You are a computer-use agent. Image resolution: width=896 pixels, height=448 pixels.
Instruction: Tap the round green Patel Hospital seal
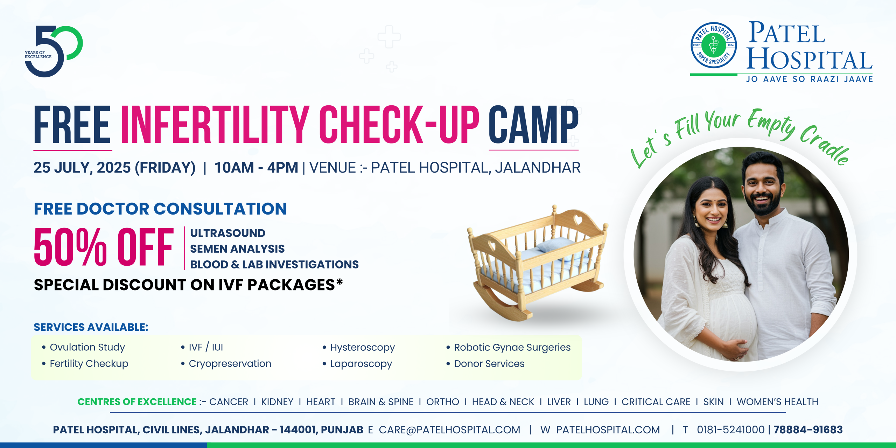[713, 45]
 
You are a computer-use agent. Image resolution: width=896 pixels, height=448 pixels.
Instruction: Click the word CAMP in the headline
[533, 125]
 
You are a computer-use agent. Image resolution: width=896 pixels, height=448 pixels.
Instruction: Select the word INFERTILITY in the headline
[215, 125]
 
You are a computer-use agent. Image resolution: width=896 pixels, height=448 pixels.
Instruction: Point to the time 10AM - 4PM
[256, 168]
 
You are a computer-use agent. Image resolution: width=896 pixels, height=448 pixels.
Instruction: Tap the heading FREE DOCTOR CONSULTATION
[160, 209]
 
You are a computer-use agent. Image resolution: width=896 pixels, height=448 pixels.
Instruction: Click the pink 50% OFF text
[104, 247]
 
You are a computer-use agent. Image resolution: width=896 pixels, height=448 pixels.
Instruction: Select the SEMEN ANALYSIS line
[237, 249]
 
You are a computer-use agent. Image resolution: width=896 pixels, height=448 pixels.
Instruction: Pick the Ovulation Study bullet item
[84, 347]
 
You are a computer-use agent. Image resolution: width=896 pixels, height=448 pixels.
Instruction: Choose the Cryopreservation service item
[226, 364]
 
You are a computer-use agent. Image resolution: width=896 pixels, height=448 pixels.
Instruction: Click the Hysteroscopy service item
[359, 348]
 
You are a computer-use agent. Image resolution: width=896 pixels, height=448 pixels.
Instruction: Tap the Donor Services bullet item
[485, 364]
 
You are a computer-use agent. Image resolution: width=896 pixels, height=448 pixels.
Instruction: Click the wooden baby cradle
[537, 262]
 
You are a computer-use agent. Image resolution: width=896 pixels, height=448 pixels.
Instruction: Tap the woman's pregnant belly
[730, 320]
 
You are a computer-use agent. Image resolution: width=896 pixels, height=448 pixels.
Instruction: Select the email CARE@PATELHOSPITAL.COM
[449, 430]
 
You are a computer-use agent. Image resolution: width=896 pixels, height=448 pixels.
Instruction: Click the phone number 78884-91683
[808, 430]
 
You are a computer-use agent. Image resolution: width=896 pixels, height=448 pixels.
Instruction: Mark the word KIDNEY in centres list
[277, 402]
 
